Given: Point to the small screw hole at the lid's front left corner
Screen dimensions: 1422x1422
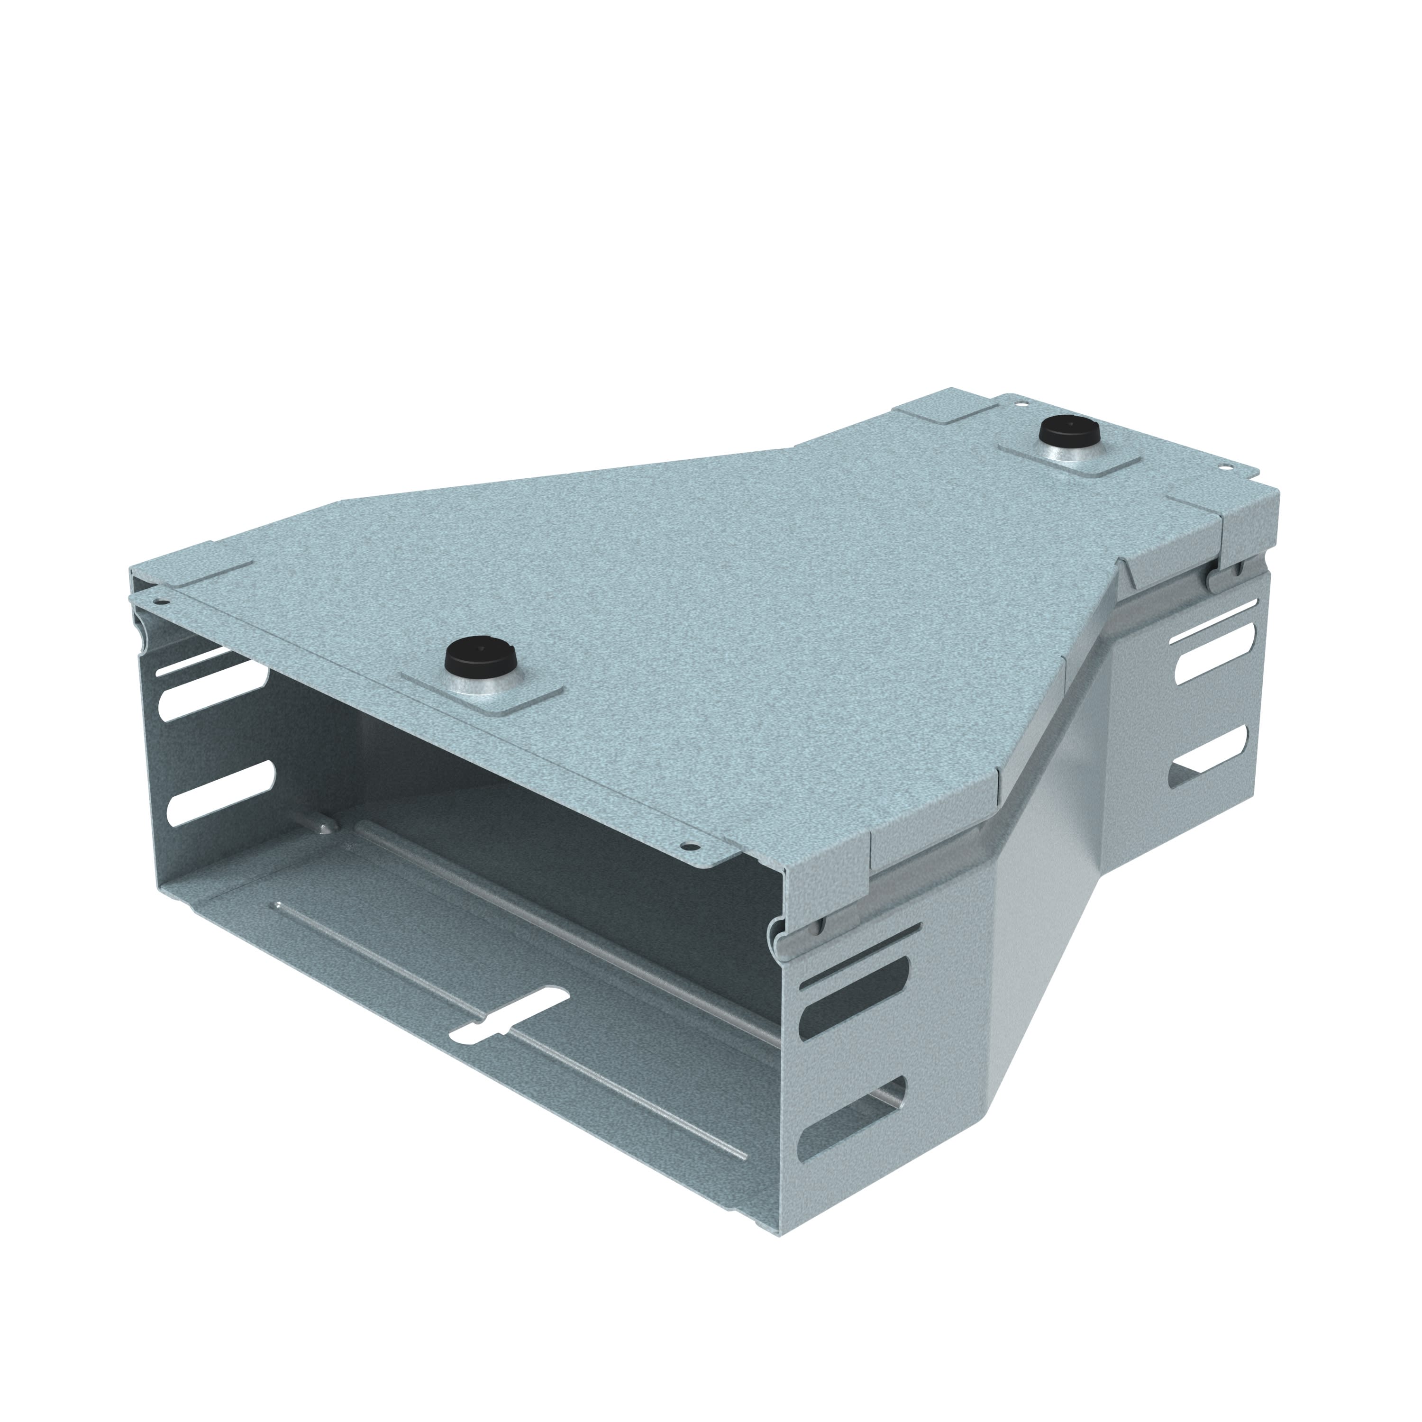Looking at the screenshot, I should [164, 602].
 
